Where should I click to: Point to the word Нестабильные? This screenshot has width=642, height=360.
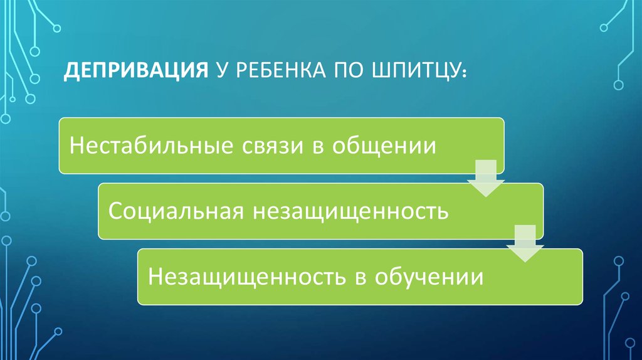click(x=150, y=146)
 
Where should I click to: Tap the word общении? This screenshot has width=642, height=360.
click(x=384, y=146)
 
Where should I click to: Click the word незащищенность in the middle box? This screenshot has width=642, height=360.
click(x=350, y=211)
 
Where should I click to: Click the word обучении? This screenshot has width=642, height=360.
click(x=429, y=277)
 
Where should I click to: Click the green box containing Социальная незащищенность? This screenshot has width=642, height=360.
click(x=320, y=211)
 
